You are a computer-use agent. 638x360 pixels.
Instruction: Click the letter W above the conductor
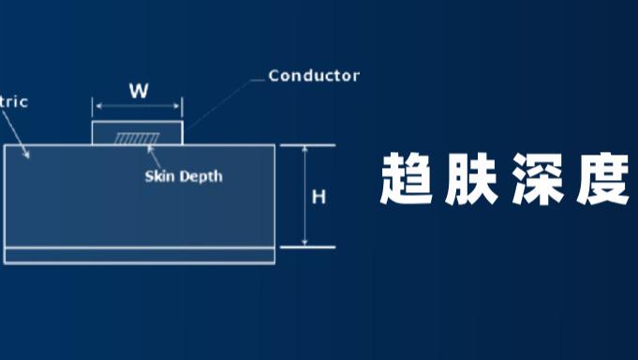(x=139, y=91)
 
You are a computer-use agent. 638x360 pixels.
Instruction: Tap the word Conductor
(x=314, y=75)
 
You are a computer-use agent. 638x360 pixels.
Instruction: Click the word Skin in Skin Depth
(x=160, y=176)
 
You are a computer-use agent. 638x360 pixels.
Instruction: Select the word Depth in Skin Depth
(x=202, y=176)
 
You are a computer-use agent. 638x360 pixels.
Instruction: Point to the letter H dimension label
(x=319, y=197)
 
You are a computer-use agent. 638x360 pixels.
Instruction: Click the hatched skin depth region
(x=137, y=139)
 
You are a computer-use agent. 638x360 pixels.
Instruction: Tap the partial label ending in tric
(x=13, y=101)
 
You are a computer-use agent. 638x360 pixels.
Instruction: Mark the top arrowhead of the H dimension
(x=306, y=148)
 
